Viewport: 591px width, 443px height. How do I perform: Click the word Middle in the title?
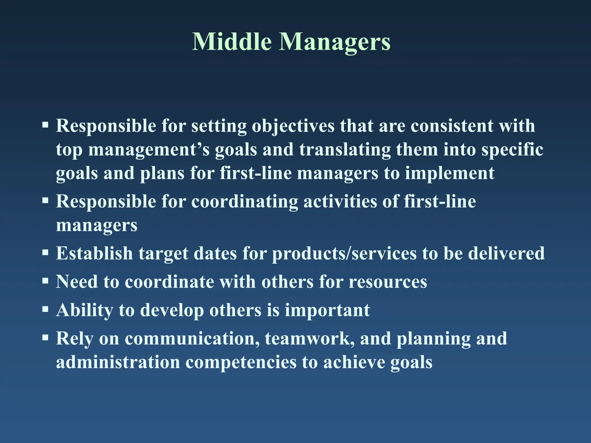coord(232,42)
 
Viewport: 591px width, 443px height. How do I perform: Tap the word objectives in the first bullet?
coord(293,126)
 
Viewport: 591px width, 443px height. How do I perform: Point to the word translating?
coord(345,150)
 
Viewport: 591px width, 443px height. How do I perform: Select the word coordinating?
coord(244,201)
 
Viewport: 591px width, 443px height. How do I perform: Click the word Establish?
coord(94,253)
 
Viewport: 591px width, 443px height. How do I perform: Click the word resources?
coord(388,282)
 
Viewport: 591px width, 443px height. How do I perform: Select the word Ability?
coord(84,311)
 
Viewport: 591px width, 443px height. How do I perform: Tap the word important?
coord(327,311)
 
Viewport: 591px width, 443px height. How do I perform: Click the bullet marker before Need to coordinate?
coord(45,281)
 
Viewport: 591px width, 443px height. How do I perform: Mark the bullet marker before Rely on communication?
coord(45,337)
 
